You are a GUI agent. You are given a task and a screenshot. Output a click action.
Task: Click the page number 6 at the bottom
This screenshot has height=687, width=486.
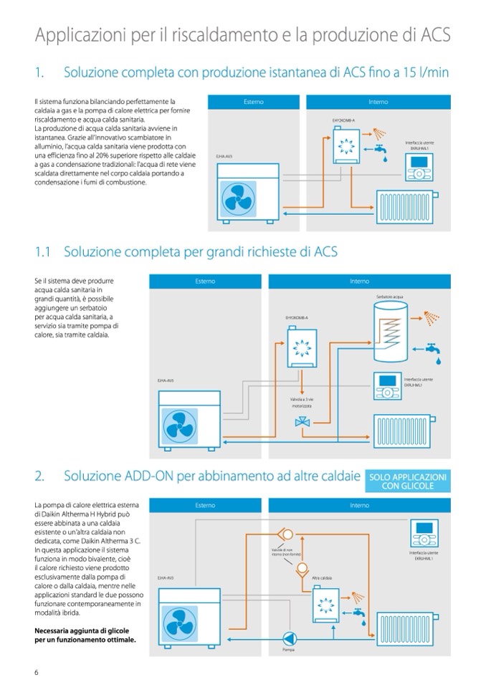(x=36, y=671)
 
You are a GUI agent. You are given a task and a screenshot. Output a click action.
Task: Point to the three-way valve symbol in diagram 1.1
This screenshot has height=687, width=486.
(x=300, y=423)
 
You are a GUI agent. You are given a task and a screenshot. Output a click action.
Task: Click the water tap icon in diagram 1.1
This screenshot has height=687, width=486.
(x=433, y=349)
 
